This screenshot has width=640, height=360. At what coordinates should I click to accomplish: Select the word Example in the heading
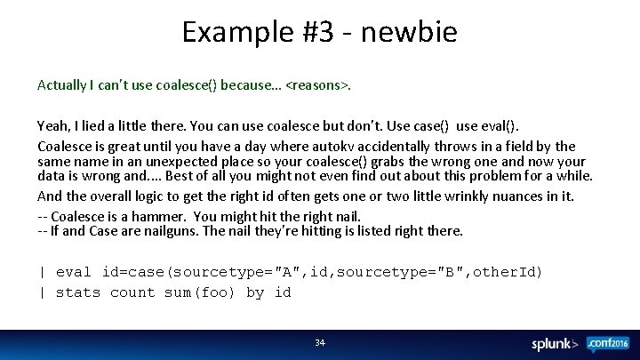pos(234,33)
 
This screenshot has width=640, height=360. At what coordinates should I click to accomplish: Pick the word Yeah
pos(52,128)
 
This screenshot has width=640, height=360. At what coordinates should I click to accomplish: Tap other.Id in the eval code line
pos(507,271)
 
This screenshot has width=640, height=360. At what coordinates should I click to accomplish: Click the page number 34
pos(320,342)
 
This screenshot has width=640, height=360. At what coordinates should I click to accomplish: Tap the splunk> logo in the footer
pos(554,344)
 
